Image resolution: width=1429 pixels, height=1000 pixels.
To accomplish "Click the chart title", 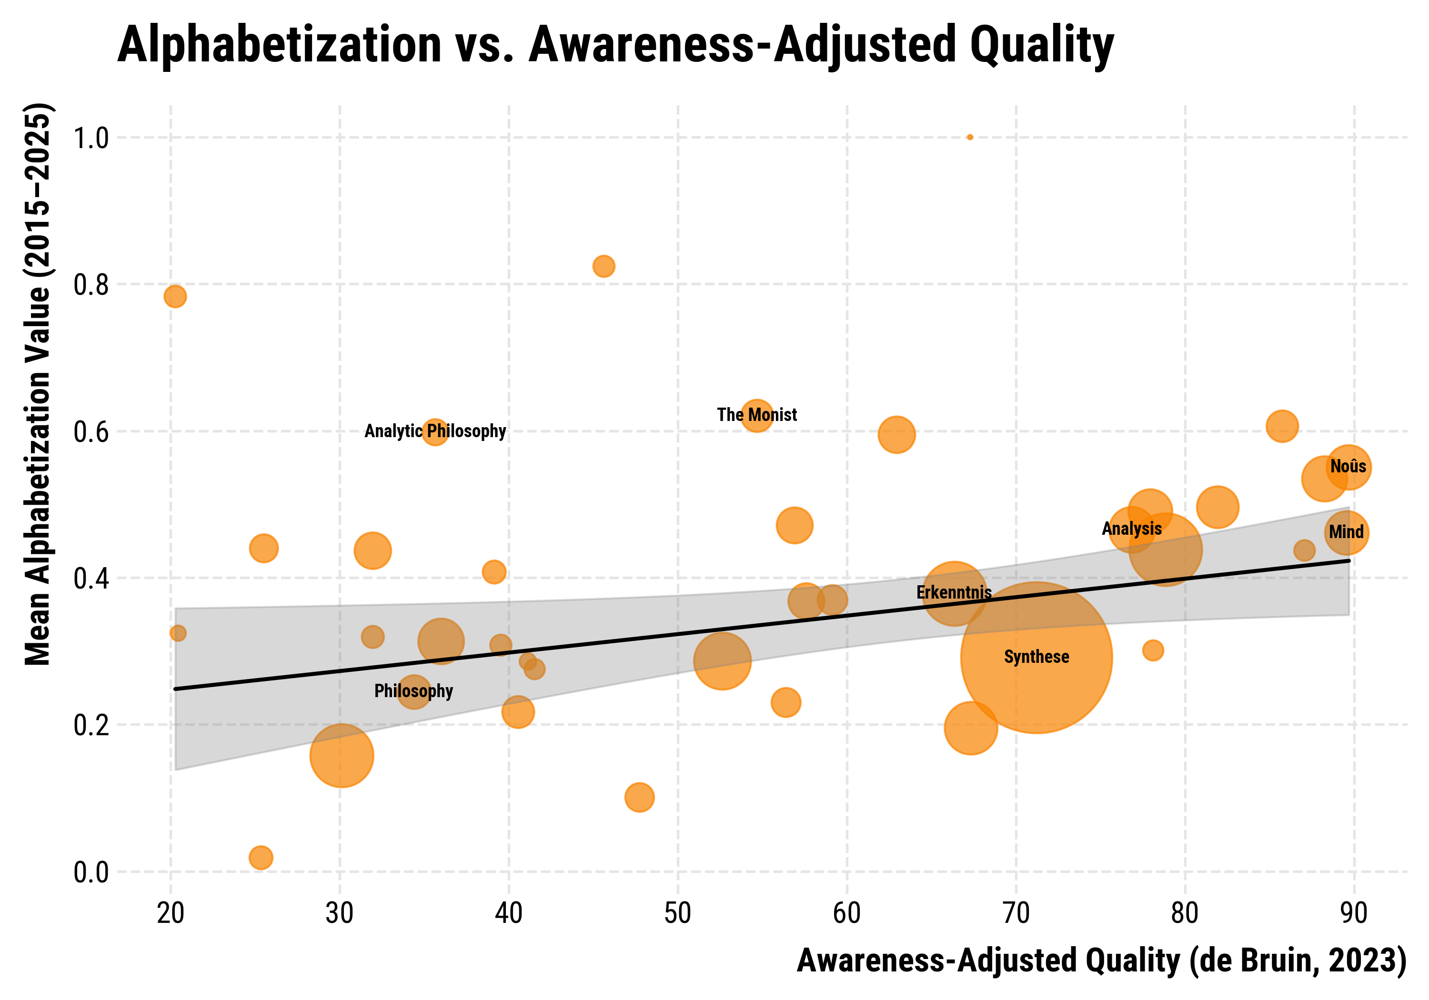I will [615, 45].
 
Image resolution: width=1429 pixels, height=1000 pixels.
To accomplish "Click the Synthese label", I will [1037, 657].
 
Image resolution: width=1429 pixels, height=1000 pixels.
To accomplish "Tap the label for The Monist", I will [756, 415].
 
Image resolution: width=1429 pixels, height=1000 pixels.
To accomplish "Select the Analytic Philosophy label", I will [435, 431].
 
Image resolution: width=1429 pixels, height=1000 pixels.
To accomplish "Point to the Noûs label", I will [1348, 467].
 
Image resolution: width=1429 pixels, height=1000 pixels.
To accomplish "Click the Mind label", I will [1346, 533].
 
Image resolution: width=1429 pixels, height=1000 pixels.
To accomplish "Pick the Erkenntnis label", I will [954, 592].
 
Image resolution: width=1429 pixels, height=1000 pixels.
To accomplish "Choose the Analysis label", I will [1131, 529].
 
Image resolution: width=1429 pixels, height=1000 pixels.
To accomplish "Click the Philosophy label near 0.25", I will [413, 691].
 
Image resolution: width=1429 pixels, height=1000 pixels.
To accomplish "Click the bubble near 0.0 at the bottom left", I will [261, 858].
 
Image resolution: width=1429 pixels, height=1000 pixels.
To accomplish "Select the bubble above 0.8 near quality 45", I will [603, 266].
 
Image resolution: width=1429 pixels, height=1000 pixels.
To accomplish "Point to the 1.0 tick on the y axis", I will [91, 138].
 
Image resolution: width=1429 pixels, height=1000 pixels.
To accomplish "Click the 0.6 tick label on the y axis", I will [91, 432].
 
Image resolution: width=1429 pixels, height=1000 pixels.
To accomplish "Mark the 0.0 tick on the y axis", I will [91, 872].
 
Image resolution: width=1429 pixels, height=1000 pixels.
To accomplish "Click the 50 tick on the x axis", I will [678, 913].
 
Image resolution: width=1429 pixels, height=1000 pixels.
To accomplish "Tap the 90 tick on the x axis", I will [1354, 913].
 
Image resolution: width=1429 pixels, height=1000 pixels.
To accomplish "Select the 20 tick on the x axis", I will [171, 913].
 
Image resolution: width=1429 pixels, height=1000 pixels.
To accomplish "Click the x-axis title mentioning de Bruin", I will [1102, 961].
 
